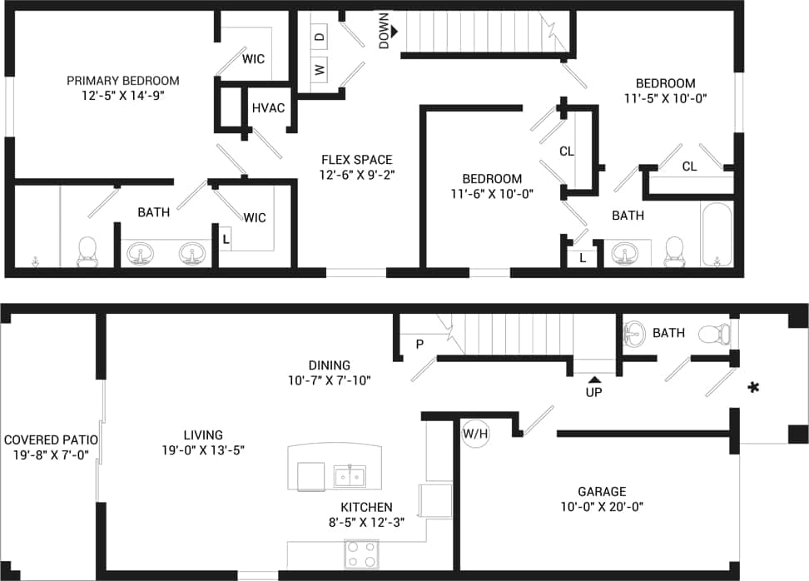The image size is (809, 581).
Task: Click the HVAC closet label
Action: [x=268, y=108]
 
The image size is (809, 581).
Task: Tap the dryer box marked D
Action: [x=320, y=37]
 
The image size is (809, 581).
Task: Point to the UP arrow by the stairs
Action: [x=593, y=380]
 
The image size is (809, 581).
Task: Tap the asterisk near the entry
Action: [x=754, y=387]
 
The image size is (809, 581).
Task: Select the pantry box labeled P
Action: [x=419, y=343]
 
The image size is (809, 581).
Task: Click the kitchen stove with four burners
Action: [x=361, y=554]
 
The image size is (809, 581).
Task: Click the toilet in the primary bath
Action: [x=87, y=251]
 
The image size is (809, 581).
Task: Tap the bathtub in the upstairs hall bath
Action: [x=716, y=235]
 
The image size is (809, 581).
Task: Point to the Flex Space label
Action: [x=355, y=160]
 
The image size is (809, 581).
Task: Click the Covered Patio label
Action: [x=51, y=439]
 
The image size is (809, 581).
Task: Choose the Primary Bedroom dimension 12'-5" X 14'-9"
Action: [x=123, y=96]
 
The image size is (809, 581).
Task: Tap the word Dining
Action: [x=329, y=365]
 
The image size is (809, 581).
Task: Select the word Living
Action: [x=203, y=435]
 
